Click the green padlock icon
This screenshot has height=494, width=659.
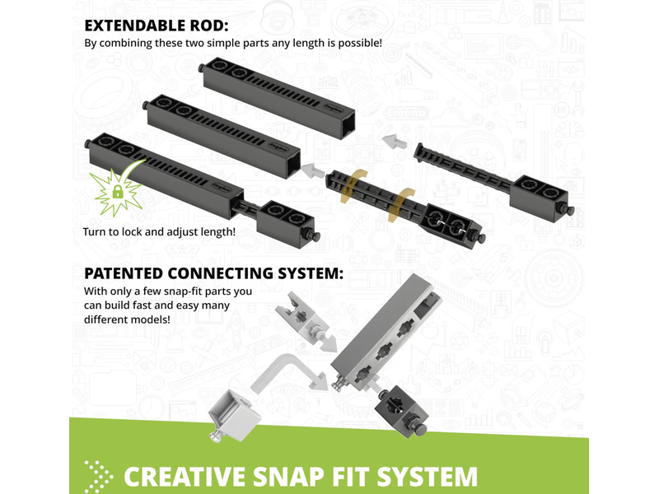(x=118, y=192)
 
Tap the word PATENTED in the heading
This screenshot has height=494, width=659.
(x=124, y=273)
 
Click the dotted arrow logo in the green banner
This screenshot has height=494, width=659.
(x=98, y=477)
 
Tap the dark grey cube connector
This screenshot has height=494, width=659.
(x=402, y=412)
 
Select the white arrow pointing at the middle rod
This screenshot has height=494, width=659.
(x=312, y=170)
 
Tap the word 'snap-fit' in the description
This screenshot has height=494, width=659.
(x=184, y=291)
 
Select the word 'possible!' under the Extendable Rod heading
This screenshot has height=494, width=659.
(x=360, y=43)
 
